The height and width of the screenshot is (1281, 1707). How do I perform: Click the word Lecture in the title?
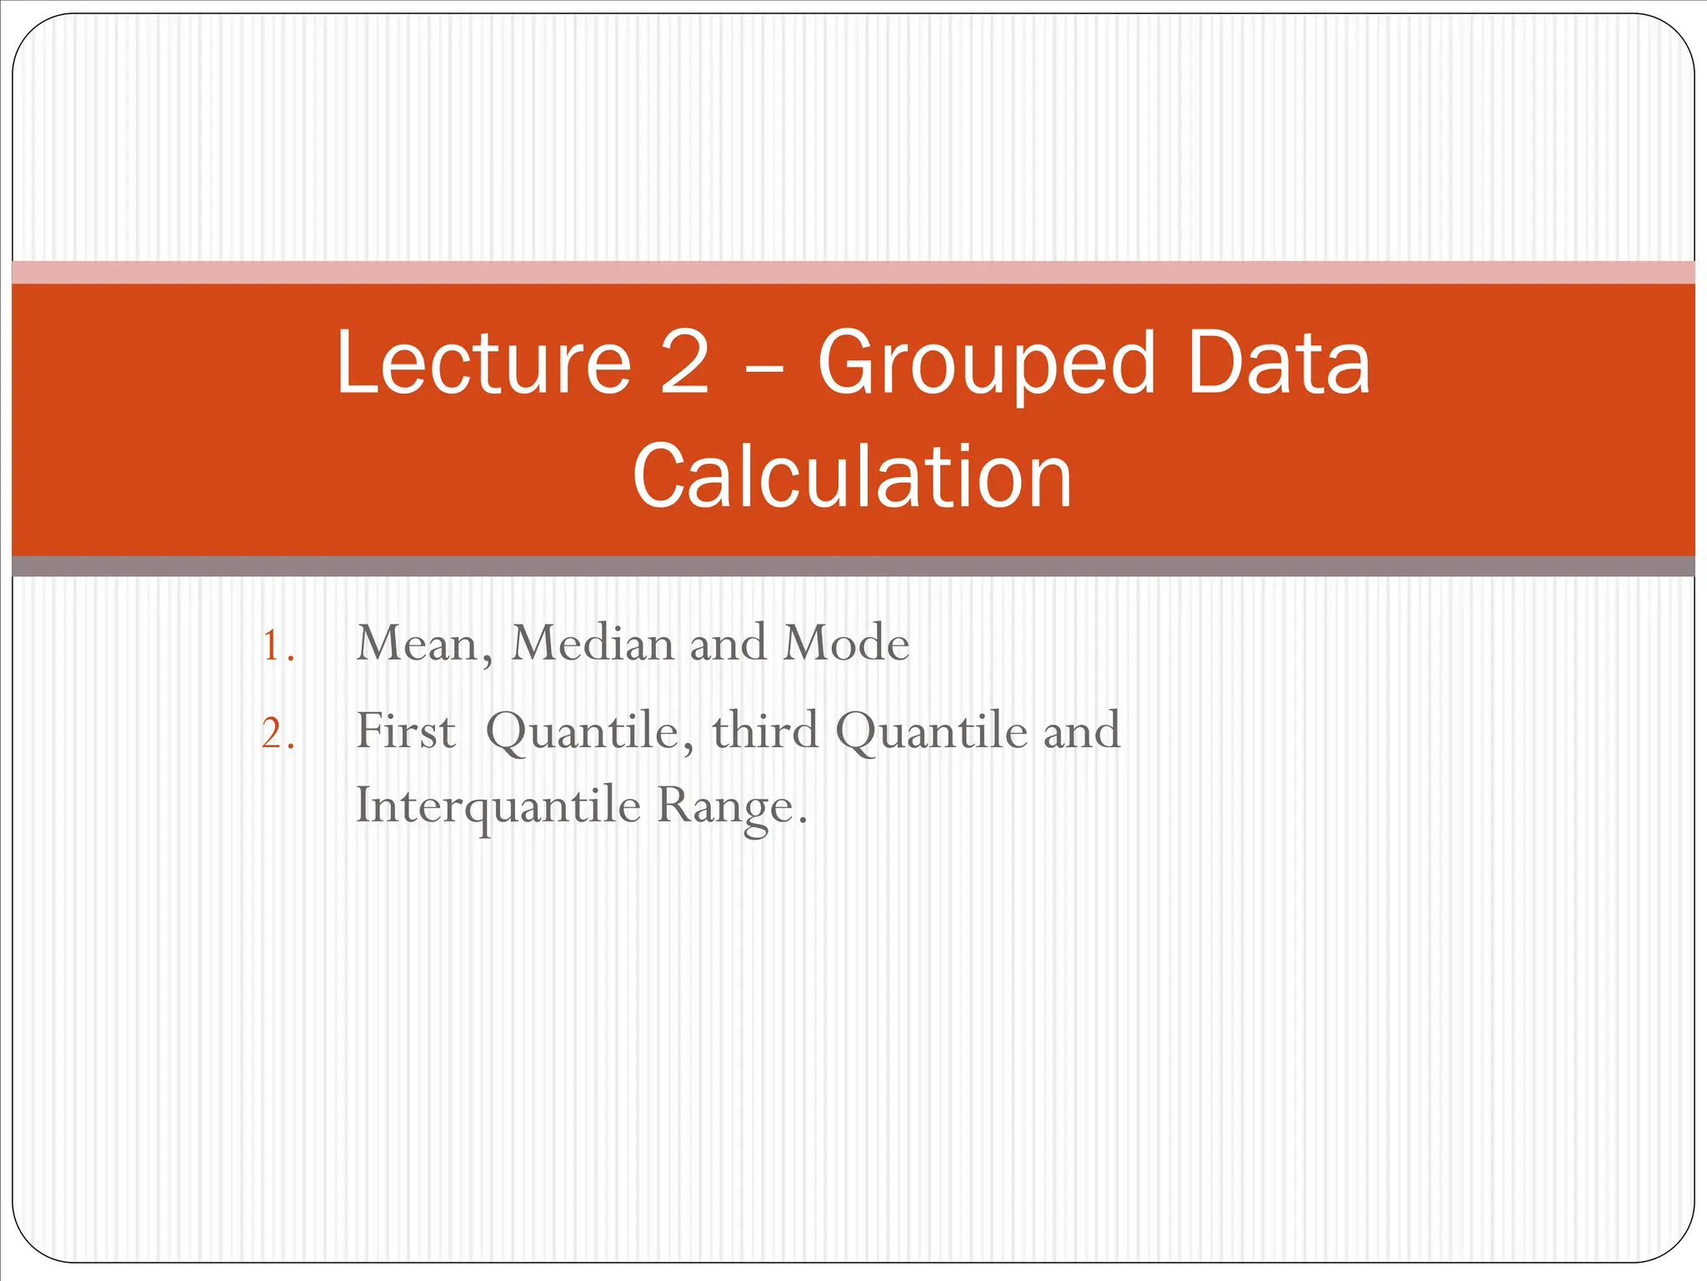coord(483,363)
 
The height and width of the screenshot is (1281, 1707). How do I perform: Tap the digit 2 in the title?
coord(685,363)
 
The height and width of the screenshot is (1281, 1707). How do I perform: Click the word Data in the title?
coord(1279,363)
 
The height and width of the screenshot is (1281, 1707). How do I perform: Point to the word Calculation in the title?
coord(852,476)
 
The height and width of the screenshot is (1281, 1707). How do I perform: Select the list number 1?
coord(276,646)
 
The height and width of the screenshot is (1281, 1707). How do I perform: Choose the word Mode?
coord(845,644)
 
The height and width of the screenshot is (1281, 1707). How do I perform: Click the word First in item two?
coord(405,731)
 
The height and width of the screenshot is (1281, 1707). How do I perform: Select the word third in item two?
coord(765,731)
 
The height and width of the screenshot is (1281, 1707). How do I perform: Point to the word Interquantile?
coord(498,806)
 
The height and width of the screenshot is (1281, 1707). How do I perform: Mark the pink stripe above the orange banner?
coord(853,273)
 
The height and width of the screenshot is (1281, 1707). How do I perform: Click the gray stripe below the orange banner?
coord(853,566)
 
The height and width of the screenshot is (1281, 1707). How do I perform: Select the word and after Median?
coord(728,644)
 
